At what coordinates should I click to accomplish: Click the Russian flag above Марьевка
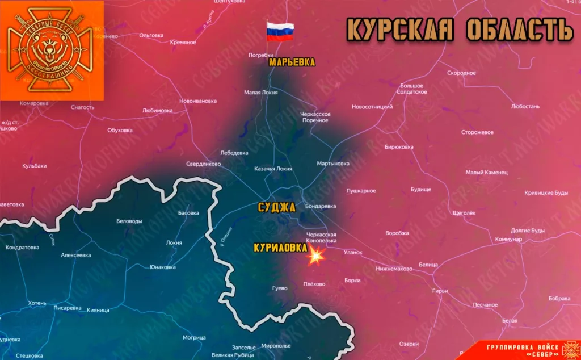pyautogui.click(x=280, y=31)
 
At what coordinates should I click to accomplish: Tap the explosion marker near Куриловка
pyautogui.click(x=315, y=257)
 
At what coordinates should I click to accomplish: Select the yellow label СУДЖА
pyautogui.click(x=276, y=207)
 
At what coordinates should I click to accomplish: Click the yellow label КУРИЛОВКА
pyautogui.click(x=280, y=248)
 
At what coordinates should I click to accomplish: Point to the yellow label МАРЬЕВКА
pyautogui.click(x=292, y=62)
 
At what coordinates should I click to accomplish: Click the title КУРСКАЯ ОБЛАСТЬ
pyautogui.click(x=460, y=30)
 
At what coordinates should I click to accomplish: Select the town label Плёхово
pyautogui.click(x=314, y=284)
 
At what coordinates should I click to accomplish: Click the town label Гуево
pyautogui.click(x=280, y=288)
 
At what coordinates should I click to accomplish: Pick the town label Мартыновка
pyautogui.click(x=333, y=164)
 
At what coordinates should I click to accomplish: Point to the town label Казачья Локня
pyautogui.click(x=273, y=169)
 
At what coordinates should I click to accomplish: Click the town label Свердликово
pyautogui.click(x=203, y=164)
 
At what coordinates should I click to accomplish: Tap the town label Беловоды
pyautogui.click(x=129, y=221)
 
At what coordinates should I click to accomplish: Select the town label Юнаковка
pyautogui.click(x=162, y=267)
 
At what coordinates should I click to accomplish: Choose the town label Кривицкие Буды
pyautogui.click(x=545, y=193)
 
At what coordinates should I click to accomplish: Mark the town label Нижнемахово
pyautogui.click(x=394, y=269)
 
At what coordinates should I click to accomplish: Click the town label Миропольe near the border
pyautogui.click(x=276, y=346)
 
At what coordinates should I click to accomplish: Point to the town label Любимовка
pyautogui.click(x=157, y=110)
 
